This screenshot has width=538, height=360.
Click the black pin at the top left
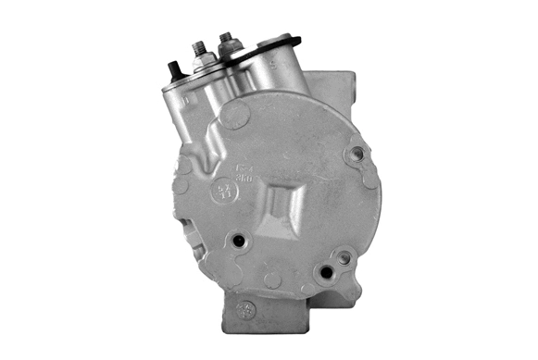[x=173, y=69]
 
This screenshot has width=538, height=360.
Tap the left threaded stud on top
[x=198, y=48]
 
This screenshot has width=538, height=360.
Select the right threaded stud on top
[x=224, y=40]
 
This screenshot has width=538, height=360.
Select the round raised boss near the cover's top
[x=236, y=116]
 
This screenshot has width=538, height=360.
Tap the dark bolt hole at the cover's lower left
[x=239, y=242]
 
